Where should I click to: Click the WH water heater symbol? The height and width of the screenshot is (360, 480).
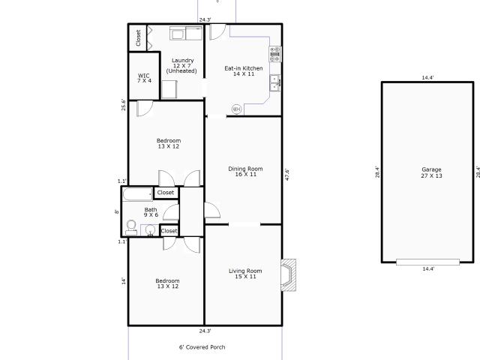(x=236, y=109)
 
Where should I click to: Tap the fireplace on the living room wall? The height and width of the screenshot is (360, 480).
(x=288, y=275)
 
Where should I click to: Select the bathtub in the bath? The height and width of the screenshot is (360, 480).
(x=138, y=193)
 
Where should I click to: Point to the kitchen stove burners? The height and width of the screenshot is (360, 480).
(x=275, y=54)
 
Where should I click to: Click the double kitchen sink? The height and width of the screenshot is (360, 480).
(x=275, y=82)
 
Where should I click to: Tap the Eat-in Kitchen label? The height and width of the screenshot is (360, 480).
(x=244, y=71)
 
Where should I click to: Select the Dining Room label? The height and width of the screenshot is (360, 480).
(x=245, y=172)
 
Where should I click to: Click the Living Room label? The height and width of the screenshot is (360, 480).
(x=245, y=274)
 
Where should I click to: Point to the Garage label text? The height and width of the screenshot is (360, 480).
(x=432, y=172)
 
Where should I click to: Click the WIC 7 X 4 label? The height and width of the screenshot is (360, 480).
(x=144, y=78)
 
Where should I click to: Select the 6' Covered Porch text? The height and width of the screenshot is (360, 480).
(x=202, y=347)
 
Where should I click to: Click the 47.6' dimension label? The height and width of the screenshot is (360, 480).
(x=287, y=175)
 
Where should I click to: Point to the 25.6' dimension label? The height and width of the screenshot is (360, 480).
(x=123, y=105)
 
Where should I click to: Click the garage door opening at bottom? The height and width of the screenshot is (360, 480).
(x=427, y=262)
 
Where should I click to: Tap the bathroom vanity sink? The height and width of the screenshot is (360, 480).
(x=150, y=230)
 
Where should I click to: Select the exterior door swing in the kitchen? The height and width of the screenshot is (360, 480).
(x=218, y=31)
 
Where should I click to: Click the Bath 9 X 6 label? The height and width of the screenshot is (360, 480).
(x=151, y=212)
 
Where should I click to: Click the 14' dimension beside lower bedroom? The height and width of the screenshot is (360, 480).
(x=123, y=281)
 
